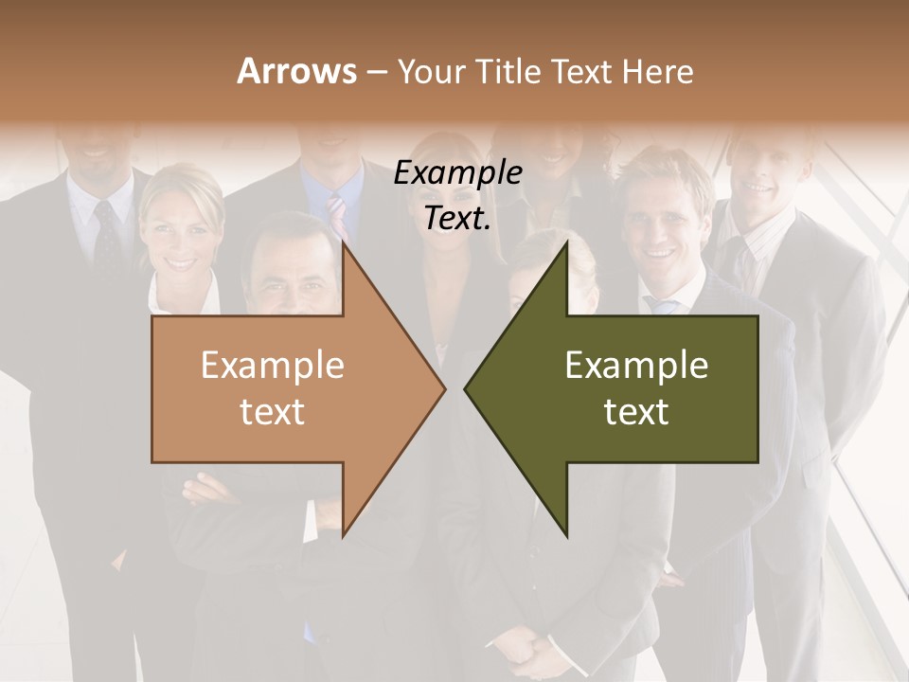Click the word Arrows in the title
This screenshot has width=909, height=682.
point(296,71)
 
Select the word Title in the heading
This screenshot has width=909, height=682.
point(509,72)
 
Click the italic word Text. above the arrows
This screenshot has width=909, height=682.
point(457,218)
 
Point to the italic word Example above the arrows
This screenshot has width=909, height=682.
point(457,173)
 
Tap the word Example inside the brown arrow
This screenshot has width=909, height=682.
point(273,366)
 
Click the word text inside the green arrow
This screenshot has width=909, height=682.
point(636,411)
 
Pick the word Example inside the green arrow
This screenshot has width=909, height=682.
point(636,366)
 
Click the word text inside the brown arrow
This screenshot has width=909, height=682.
point(273,411)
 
